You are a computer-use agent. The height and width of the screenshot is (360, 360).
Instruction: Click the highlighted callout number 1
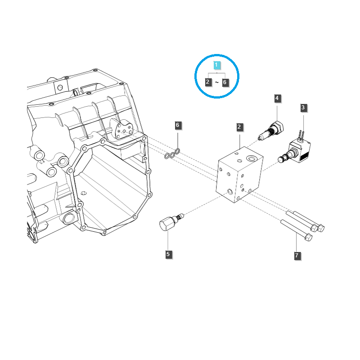[217, 65]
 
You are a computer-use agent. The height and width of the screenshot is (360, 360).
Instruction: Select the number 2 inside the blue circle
[208, 82]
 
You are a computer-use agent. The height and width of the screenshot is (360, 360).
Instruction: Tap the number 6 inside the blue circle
[225, 82]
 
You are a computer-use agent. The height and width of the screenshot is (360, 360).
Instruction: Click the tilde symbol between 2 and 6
[216, 82]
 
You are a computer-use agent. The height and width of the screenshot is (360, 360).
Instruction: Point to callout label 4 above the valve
[277, 98]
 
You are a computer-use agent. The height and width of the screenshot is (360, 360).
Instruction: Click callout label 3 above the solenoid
[303, 108]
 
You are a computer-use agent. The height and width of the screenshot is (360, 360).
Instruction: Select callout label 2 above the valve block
[240, 127]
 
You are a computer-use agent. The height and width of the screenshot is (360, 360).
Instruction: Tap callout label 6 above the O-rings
[178, 125]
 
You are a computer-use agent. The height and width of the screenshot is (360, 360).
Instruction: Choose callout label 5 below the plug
[168, 254]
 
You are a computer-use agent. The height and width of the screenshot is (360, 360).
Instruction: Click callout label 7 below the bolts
[297, 256]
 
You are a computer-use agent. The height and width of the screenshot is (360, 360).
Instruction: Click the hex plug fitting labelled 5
[167, 223]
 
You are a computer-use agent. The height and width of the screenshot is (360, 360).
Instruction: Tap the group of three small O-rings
[172, 154]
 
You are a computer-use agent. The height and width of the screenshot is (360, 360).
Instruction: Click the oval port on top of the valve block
[252, 157]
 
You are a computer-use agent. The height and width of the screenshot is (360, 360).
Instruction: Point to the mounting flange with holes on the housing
[122, 129]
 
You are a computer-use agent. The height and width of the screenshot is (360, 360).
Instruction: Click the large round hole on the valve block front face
[231, 192]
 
